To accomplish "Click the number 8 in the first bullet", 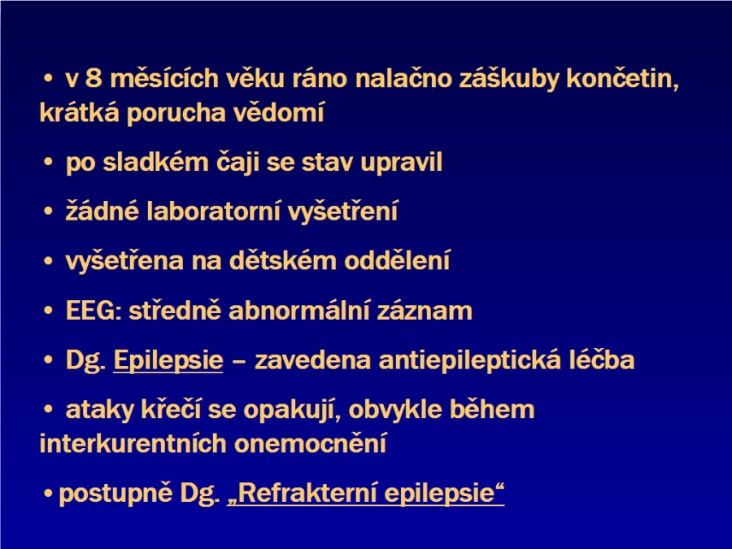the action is pyautogui.click(x=94, y=78).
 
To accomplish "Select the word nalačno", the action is pyautogui.click(x=403, y=78).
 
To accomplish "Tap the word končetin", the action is pyautogui.click(x=623, y=79).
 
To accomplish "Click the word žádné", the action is pyautogui.click(x=102, y=210).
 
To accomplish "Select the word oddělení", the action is pyautogui.click(x=397, y=260).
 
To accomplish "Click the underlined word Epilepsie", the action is pyautogui.click(x=168, y=361).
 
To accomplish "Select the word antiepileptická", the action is pyautogui.click(x=469, y=360).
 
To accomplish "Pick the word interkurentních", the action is pyautogui.click(x=133, y=443).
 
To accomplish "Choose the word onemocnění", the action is pyautogui.click(x=311, y=443).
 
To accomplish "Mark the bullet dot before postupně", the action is pyautogui.click(x=48, y=494).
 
